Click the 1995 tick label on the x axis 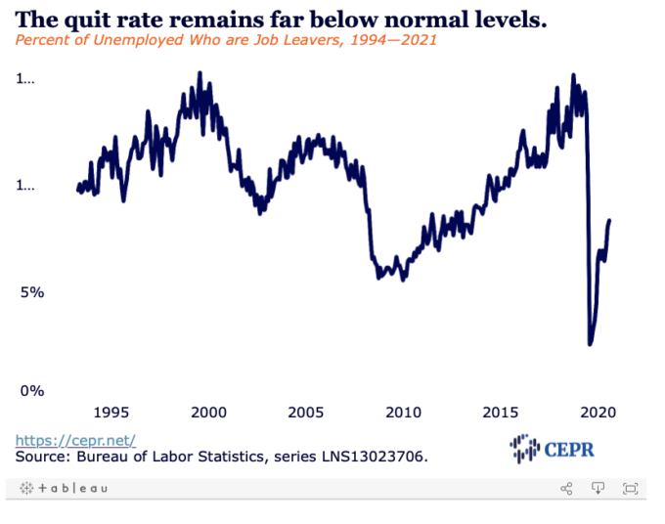pos(111,413)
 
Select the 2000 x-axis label pos(208,413)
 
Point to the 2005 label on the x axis pos(306,413)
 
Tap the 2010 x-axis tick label pos(403,413)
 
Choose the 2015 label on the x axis pos(502,413)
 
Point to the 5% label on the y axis pos(31,292)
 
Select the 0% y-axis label pos(31,390)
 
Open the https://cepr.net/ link pos(75,440)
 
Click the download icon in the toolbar pos(598,488)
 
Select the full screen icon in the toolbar pos(630,488)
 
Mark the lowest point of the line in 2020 pos(590,343)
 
